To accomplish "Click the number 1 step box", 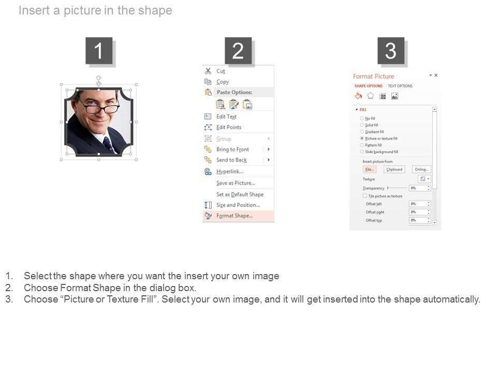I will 99,51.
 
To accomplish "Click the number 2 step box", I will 238,51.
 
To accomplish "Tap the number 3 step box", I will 391,51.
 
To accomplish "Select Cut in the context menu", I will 221,71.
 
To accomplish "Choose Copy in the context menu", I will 223,82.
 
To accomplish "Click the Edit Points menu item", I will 229,127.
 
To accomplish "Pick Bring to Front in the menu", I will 232,149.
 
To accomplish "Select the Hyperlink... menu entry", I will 230,171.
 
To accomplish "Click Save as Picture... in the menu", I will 236,183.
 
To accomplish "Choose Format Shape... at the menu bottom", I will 235,216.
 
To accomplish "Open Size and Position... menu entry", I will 238,205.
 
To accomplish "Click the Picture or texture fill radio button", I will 362,139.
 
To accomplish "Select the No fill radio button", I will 362,119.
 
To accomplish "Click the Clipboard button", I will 394,169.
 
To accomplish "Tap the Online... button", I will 421,169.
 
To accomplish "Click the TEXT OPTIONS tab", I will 400,86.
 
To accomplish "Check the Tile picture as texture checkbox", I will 365,196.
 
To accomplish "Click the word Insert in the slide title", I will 35,10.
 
